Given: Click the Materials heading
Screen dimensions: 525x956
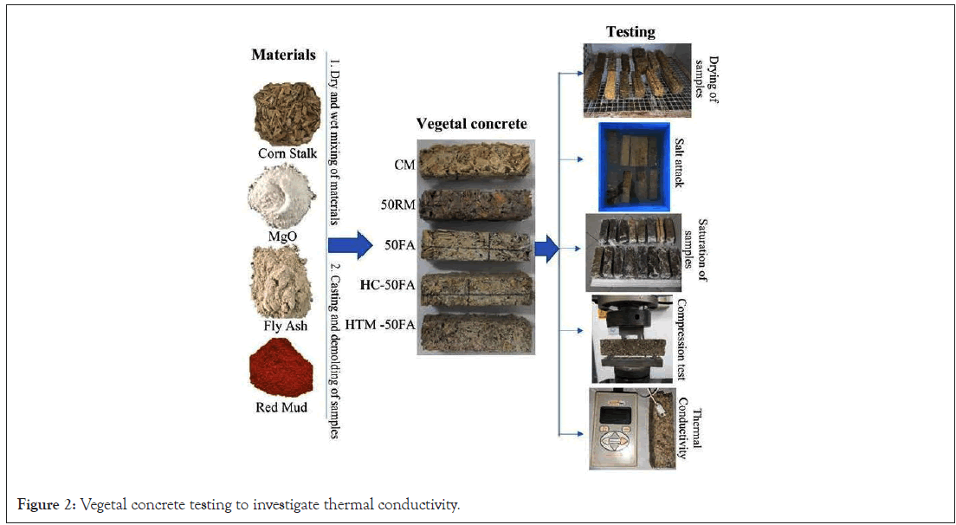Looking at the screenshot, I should pyautogui.click(x=282, y=55).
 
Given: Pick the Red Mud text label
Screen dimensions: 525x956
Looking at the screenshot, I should pyautogui.click(x=282, y=405).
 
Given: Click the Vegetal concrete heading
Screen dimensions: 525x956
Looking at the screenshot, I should pyautogui.click(x=471, y=124).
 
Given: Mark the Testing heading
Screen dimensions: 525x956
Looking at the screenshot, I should pyautogui.click(x=630, y=32).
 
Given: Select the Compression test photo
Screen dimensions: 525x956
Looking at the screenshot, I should pyautogui.click(x=631, y=339).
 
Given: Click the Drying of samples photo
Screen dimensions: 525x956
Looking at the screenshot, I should pyautogui.click(x=636, y=80).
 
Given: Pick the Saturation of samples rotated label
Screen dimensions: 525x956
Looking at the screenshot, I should pyautogui.click(x=694, y=251).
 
